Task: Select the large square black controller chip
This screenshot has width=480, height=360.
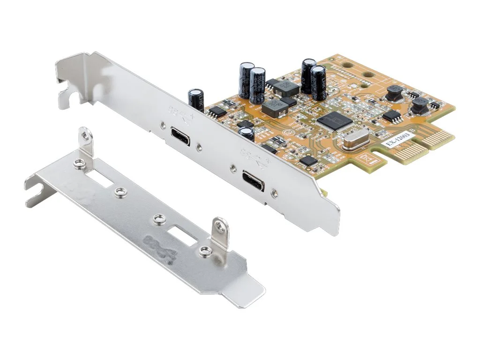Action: (335, 121)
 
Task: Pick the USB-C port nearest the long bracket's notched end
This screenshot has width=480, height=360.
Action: (180, 136)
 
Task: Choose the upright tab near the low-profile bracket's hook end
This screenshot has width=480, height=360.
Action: (85, 141)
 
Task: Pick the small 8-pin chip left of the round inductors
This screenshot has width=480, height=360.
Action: (391, 116)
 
